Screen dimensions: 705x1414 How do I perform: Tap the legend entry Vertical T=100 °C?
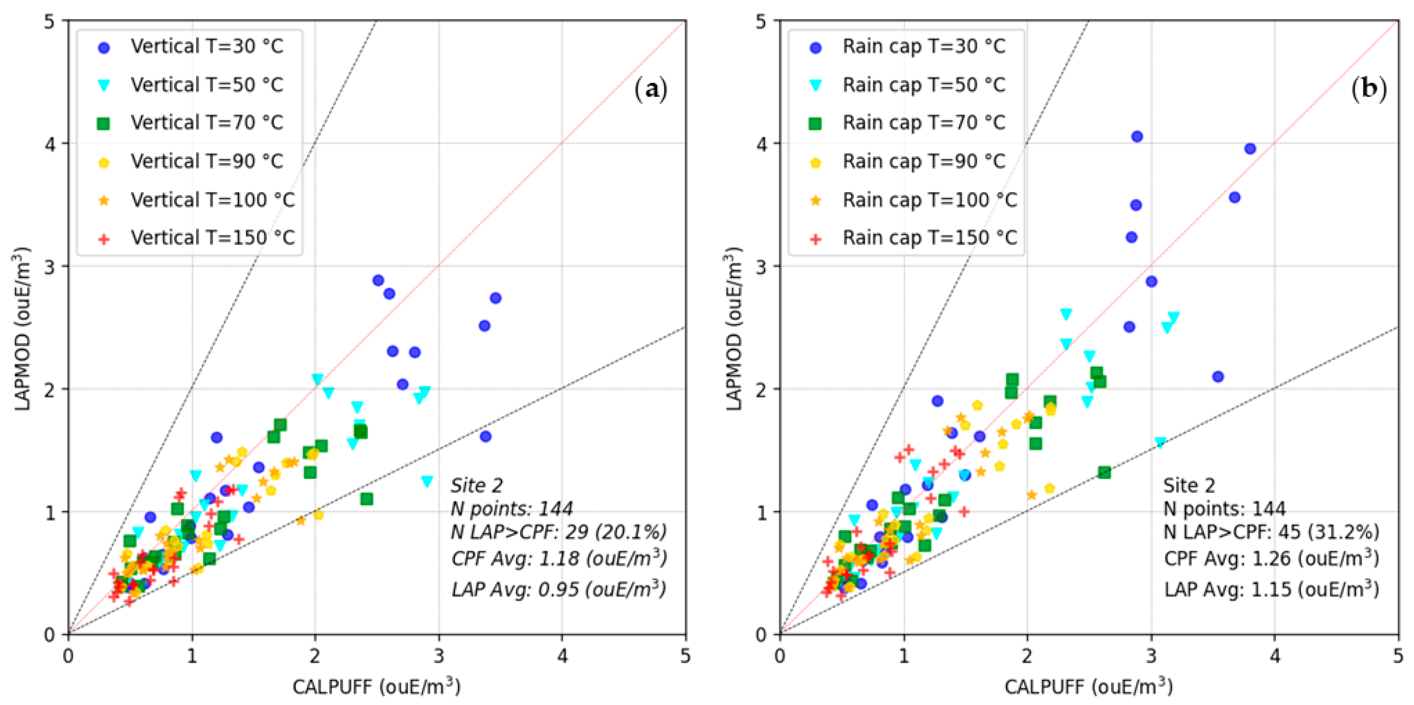(x=212, y=199)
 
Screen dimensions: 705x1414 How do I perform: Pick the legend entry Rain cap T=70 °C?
(x=923, y=123)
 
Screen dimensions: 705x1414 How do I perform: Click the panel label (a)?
(x=650, y=89)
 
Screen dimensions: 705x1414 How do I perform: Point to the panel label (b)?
(x=1368, y=89)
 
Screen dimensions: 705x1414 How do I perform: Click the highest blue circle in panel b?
(x=1137, y=136)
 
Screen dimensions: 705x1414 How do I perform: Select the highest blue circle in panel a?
(x=378, y=280)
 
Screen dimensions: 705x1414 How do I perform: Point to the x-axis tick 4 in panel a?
(x=562, y=656)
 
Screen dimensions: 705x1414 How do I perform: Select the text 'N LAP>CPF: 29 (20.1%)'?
(x=558, y=531)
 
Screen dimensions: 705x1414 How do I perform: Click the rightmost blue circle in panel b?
(x=1250, y=149)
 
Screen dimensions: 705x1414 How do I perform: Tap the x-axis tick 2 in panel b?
(x=1027, y=656)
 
